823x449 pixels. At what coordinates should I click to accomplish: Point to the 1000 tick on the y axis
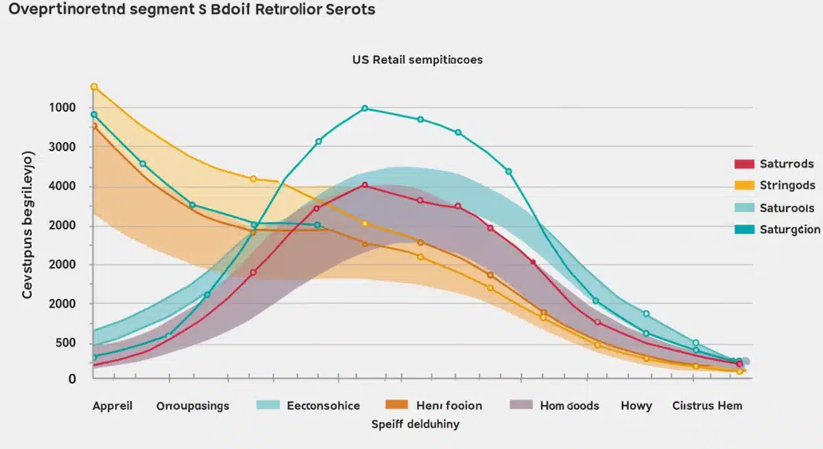(62, 108)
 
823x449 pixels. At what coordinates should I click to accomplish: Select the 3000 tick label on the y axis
(62, 148)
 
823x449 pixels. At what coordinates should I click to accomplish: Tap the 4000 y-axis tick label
(62, 187)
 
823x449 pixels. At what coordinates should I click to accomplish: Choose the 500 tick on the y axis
(62, 344)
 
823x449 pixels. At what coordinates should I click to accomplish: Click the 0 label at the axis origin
(72, 378)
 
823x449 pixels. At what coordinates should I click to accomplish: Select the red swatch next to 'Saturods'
(744, 164)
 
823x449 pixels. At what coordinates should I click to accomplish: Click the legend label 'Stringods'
(787, 185)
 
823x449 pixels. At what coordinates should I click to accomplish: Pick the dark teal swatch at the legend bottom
(744, 229)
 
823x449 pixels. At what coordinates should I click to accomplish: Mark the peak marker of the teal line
(364, 108)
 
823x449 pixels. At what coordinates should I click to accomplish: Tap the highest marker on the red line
(364, 185)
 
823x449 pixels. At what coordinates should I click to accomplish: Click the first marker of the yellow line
(94, 87)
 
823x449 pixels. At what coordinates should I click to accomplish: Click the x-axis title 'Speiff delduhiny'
(416, 424)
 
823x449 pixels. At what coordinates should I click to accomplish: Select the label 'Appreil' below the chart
(112, 406)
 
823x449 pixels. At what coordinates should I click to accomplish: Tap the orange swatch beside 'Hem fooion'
(396, 406)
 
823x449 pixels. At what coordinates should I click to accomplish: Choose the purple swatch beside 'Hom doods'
(521, 406)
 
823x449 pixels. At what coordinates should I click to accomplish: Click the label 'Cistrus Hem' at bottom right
(707, 406)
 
